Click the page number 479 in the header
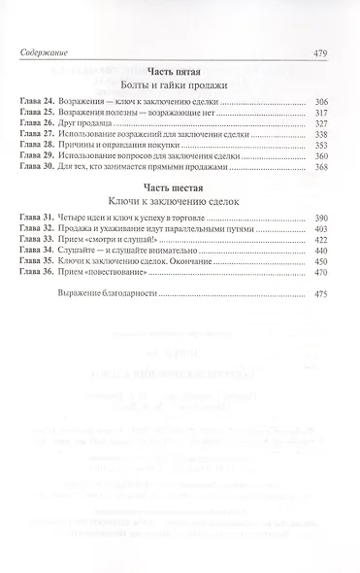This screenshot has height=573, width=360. coord(333,54)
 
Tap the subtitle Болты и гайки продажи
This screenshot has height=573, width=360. coord(180,87)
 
